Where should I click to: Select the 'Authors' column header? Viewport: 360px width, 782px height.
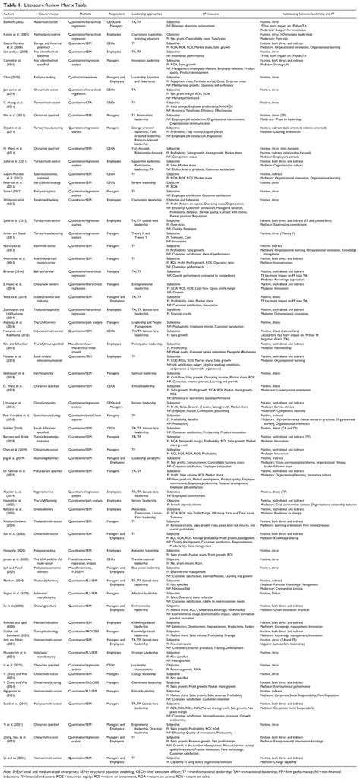pyautogui.click(x=17, y=13)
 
